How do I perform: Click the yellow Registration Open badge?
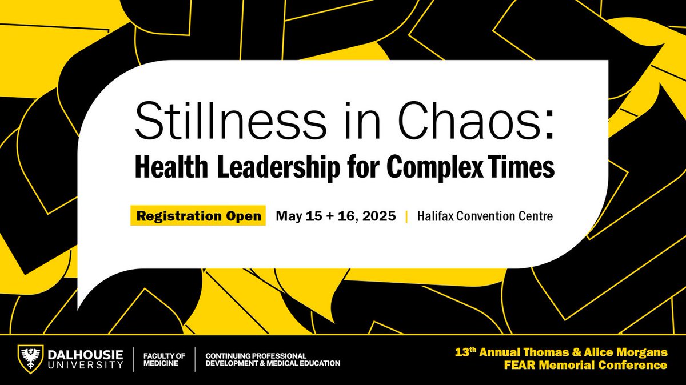coord(198,216)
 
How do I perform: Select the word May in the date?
coord(288,217)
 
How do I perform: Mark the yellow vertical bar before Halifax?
coord(406,217)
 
